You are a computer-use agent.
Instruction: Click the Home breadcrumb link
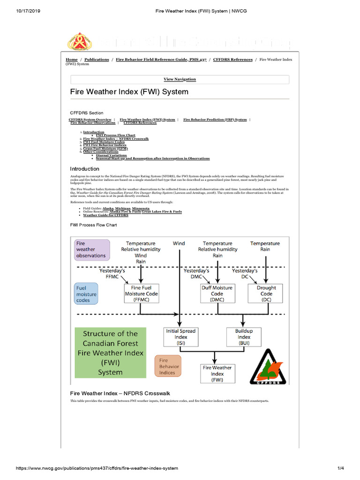tap(72, 60)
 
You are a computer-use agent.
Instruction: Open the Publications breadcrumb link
tap(97, 60)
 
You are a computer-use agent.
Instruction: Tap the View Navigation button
tap(180, 79)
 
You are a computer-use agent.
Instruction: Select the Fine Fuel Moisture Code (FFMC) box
tap(141, 293)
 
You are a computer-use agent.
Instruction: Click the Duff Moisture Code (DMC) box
tap(217, 293)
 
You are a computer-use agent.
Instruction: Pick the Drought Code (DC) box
tap(266, 293)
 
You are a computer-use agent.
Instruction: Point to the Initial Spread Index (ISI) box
tap(180, 337)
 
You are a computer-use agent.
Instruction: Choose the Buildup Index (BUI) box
tap(244, 337)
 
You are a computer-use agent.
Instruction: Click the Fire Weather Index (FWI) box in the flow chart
tap(217, 374)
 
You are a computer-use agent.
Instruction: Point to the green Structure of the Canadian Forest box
tap(111, 353)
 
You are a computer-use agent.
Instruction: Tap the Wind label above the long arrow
tap(179, 243)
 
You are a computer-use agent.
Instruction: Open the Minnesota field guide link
tap(141, 208)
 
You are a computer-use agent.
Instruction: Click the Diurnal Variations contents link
tap(112, 155)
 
